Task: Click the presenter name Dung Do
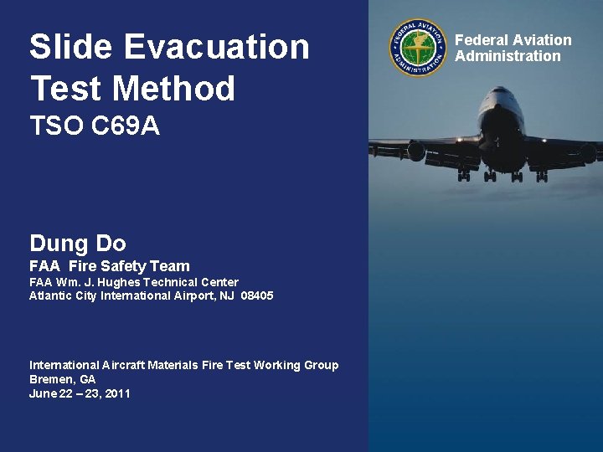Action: pos(77,244)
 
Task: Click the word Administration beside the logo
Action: pos(508,56)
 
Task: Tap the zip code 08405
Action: pos(256,296)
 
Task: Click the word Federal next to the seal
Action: pos(482,40)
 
